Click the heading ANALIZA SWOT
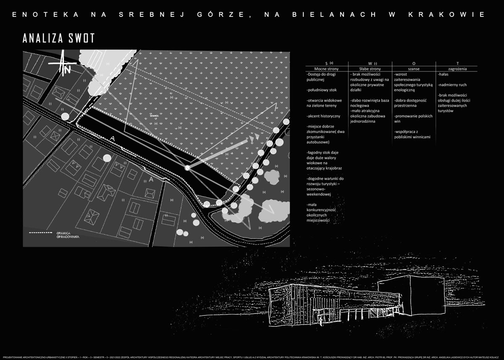[59, 38]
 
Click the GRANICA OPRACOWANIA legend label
[68, 234]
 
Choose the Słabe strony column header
[370, 68]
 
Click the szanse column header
[414, 68]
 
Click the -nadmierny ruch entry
[452, 85]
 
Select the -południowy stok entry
[322, 90]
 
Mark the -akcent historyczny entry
[323, 116]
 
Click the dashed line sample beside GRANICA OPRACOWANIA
[39, 232]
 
